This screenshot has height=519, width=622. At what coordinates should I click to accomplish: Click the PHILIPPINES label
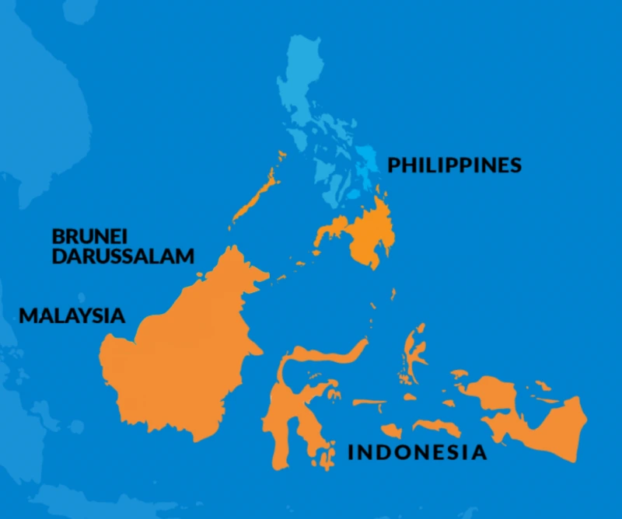click(454, 165)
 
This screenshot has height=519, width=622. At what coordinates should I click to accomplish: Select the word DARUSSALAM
click(123, 256)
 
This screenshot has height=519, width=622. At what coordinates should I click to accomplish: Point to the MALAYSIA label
click(72, 316)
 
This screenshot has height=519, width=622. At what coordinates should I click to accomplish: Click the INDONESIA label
click(417, 452)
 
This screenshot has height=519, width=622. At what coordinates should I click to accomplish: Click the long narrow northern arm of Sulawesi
click(327, 356)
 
